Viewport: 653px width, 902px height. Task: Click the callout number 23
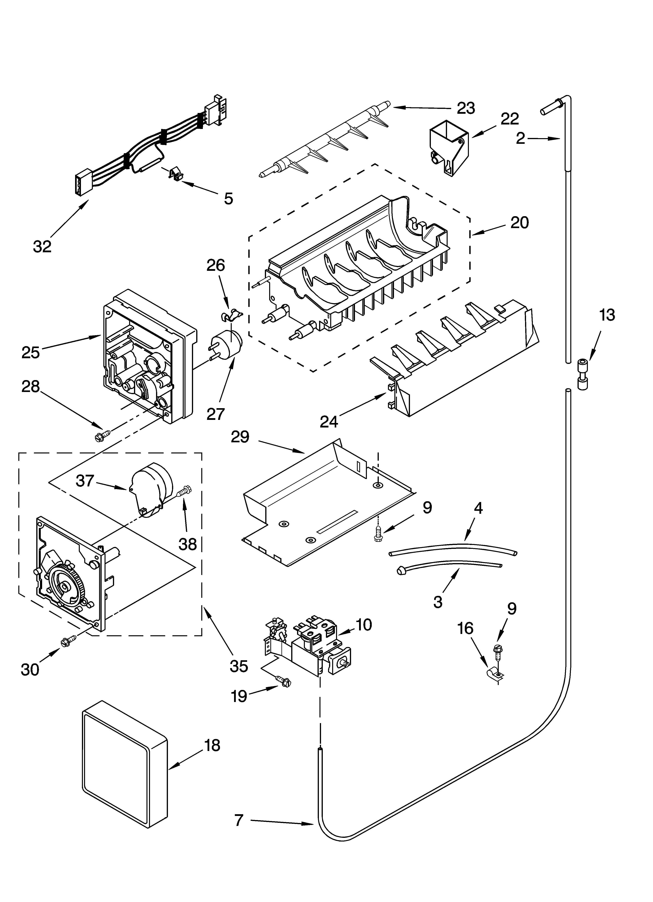click(x=466, y=108)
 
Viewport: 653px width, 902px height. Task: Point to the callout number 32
click(x=42, y=247)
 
